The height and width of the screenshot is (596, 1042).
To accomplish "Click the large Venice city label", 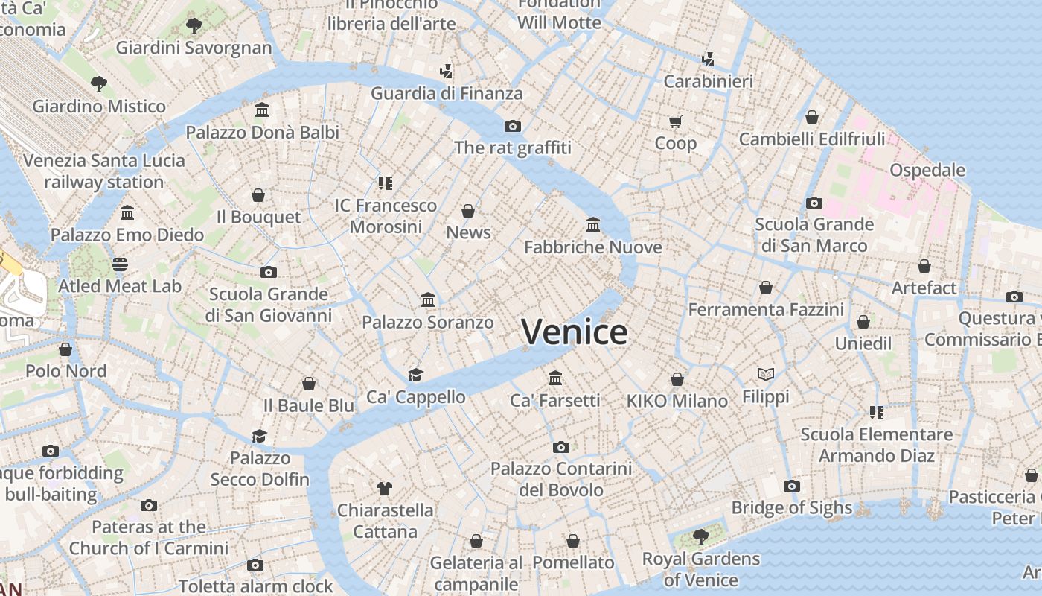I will (x=574, y=332).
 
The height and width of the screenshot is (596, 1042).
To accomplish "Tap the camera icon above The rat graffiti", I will (x=512, y=126).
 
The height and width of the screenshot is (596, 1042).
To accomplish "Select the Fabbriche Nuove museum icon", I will (x=593, y=224).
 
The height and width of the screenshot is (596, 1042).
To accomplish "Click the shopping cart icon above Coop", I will (x=675, y=121).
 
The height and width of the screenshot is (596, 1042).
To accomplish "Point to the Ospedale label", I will (x=927, y=170).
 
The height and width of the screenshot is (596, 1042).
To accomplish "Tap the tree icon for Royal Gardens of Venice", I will (x=700, y=536).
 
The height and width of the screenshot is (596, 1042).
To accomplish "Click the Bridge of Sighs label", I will (x=791, y=508).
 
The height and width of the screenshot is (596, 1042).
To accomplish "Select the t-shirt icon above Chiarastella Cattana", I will (x=384, y=489).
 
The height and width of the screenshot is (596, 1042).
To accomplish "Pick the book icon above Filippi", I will (x=766, y=374).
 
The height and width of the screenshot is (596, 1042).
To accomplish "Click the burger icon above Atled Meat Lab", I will (x=119, y=264).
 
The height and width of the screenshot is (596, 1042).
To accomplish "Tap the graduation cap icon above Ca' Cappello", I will (x=415, y=375).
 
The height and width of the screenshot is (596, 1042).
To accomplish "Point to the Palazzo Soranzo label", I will (x=427, y=323).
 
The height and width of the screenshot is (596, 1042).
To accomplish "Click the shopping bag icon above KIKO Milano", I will (x=677, y=379).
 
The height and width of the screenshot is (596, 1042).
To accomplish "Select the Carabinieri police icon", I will (x=708, y=59).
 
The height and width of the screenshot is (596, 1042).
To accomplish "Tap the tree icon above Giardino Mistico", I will (x=98, y=83).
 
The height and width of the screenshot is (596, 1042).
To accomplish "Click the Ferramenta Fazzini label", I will (x=766, y=309).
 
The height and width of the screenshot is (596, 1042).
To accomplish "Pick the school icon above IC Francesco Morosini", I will (x=385, y=183).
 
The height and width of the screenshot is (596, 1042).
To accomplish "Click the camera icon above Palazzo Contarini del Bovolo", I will (x=560, y=447).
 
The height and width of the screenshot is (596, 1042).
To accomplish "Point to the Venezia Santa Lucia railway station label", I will (x=104, y=171).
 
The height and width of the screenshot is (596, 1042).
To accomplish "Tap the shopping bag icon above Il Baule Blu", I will (x=309, y=384).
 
